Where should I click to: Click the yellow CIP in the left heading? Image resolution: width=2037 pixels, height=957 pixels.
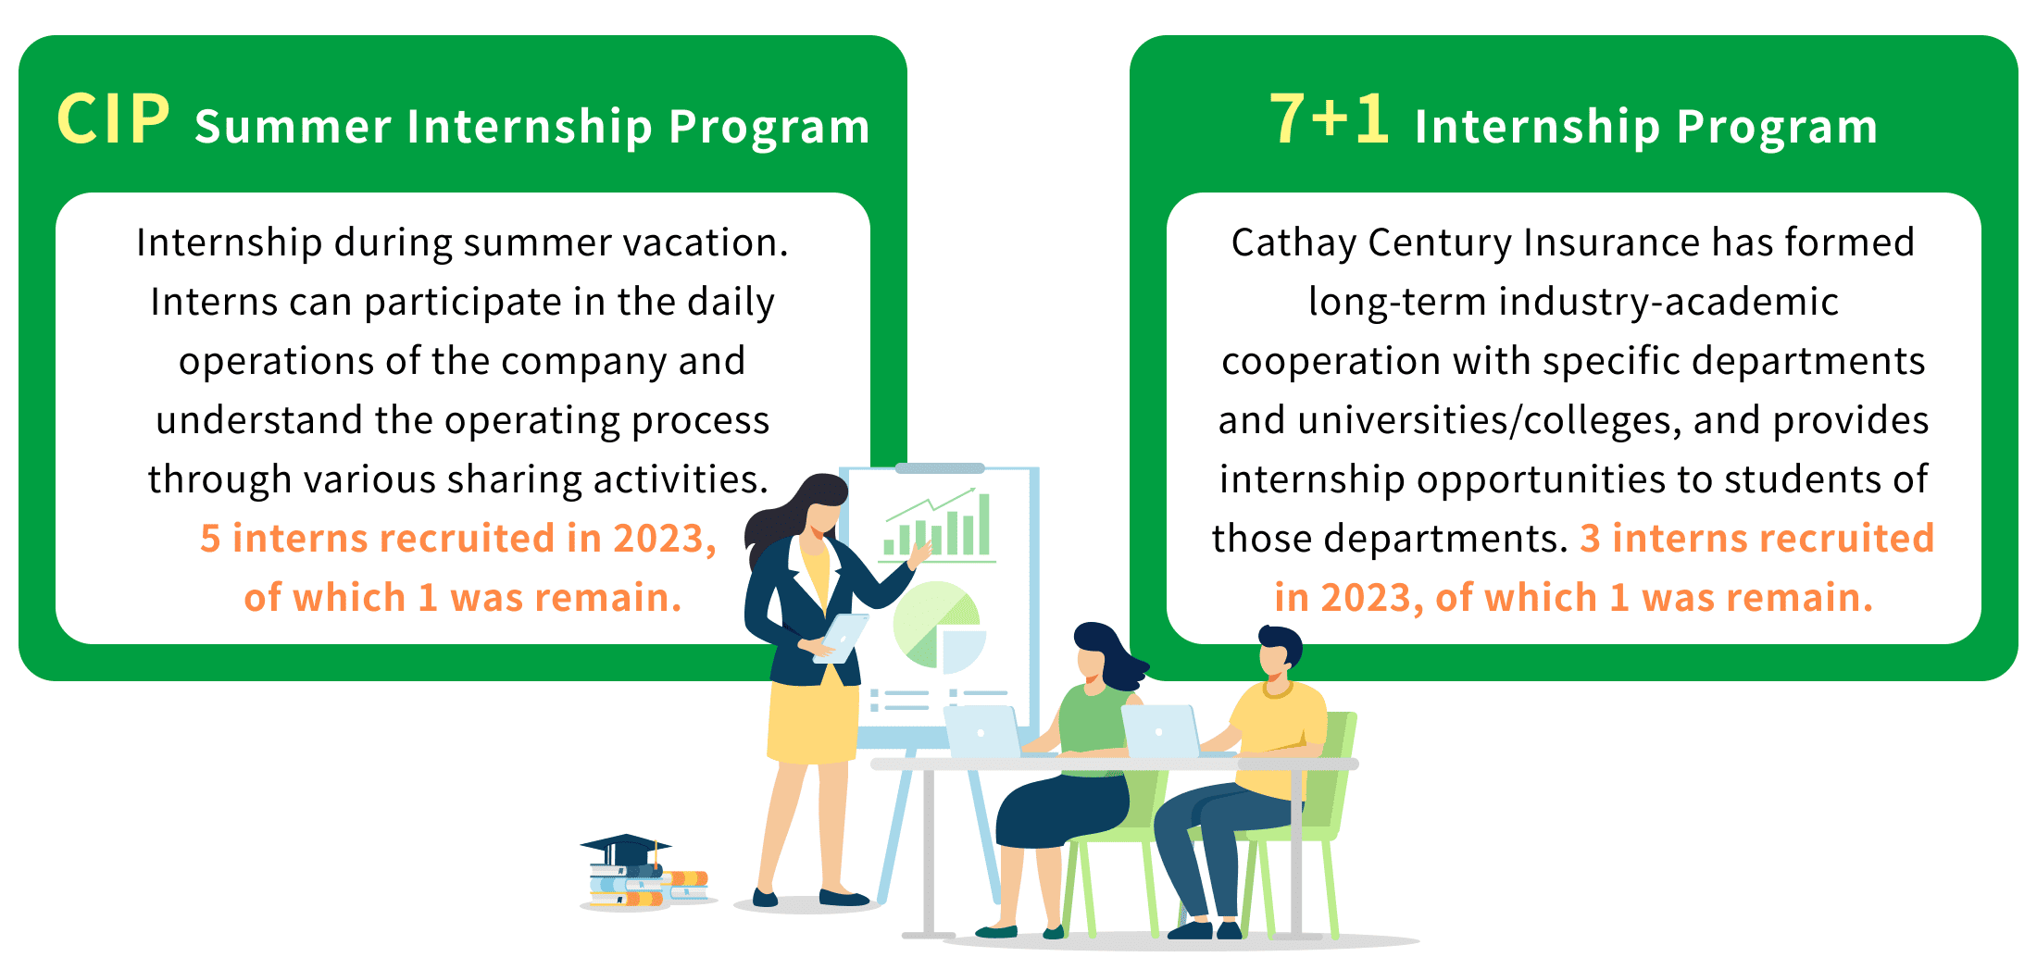(114, 119)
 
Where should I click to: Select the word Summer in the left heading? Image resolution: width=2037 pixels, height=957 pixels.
(294, 126)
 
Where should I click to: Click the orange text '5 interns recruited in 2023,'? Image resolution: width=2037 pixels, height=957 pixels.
(458, 539)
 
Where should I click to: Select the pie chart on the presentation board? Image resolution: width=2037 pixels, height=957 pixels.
(937, 628)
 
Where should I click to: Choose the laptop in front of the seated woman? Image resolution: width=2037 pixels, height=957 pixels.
(983, 732)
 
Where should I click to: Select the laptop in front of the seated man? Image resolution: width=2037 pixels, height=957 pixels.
(1161, 731)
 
